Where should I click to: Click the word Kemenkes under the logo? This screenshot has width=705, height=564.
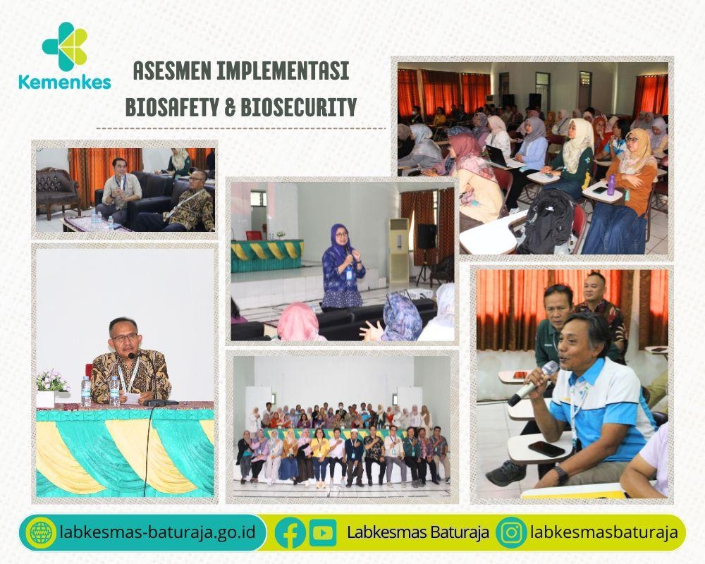point(65,82)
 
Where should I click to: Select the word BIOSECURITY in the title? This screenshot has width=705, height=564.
point(299,107)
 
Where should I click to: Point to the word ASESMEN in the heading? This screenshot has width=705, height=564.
point(172,71)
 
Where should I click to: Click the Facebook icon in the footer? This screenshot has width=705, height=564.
point(290,533)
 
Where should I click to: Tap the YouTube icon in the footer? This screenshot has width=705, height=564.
point(323,533)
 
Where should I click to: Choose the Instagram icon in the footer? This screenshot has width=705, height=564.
point(511,533)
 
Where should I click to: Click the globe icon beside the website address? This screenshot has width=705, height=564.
point(42,533)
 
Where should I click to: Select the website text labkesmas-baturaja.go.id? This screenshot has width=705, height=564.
point(157,532)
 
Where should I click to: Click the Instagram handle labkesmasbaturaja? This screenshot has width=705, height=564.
point(604,532)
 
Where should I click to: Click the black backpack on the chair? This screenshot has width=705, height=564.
point(545,223)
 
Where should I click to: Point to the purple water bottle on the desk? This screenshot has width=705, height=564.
point(611,185)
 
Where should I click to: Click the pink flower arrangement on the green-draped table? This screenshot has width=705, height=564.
point(52,381)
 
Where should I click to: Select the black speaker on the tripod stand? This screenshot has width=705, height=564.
point(427,237)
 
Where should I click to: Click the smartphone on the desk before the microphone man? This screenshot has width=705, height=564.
point(546,448)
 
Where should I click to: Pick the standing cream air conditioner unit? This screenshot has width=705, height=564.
point(399,250)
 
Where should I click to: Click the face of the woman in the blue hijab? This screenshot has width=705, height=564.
point(341,239)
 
